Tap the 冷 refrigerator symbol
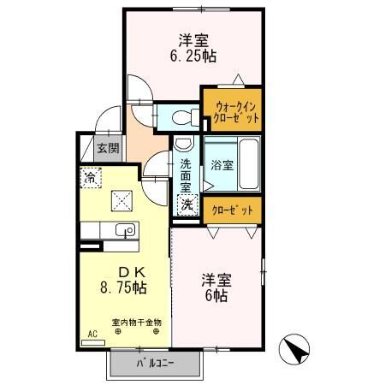pos(90,178)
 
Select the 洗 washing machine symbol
pos(186,205)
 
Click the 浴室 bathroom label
pos(221,165)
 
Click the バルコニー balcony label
pos(154,364)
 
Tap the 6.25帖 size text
pos(193,57)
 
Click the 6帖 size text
pos(215,295)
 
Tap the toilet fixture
pos(179,117)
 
